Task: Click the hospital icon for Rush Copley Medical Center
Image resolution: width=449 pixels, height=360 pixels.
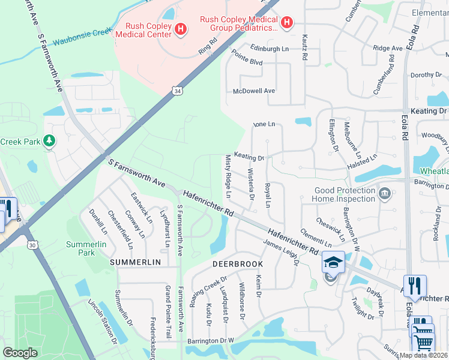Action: click(x=181, y=28)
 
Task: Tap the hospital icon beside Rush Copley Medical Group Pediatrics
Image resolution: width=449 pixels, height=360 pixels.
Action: click(x=288, y=23)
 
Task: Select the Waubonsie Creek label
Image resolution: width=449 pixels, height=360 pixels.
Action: click(x=83, y=37)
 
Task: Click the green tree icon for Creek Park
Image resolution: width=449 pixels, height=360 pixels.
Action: click(x=49, y=142)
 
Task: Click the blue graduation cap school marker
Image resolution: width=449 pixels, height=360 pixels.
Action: click(x=333, y=262)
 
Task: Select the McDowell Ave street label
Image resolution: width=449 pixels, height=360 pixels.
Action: click(x=254, y=91)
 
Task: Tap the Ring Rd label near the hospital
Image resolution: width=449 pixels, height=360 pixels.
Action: click(x=208, y=47)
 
